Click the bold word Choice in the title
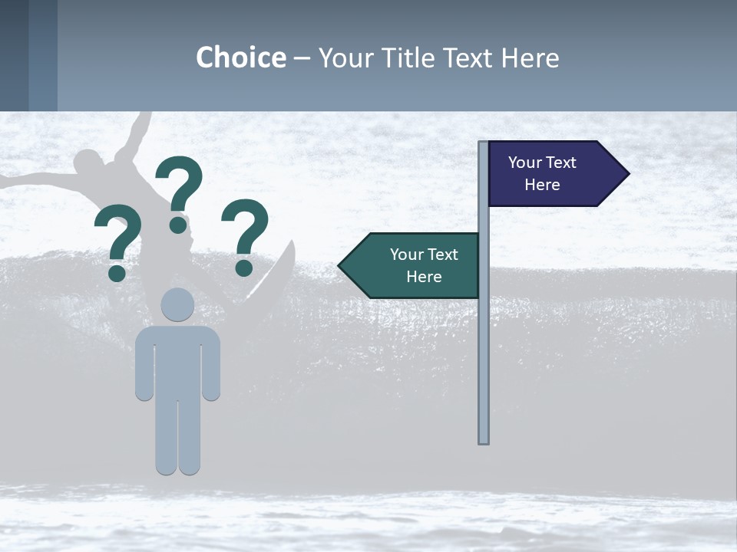240,58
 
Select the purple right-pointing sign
550,173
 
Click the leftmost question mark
118,238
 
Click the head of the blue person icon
177,304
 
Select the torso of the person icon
177,360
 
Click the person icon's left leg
167,437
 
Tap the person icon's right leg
190,437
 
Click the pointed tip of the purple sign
627,174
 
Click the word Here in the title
530,58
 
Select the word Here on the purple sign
542,185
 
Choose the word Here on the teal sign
424,277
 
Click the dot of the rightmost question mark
244,268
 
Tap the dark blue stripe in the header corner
14,55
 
